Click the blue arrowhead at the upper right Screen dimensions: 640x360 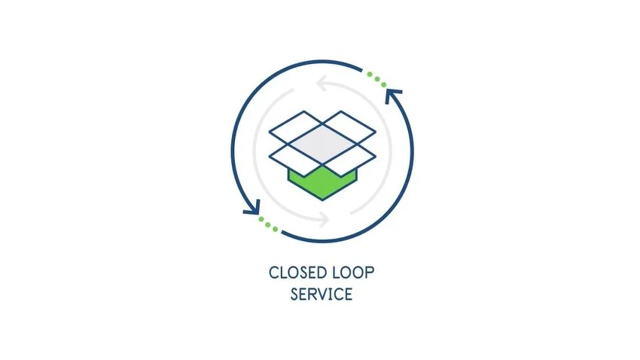tap(393, 96)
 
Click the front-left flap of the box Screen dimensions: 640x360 tap(295, 155)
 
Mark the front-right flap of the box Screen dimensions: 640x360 tap(349, 155)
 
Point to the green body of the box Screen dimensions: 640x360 tap(322, 185)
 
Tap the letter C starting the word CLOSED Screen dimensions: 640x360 tap(273, 272)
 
